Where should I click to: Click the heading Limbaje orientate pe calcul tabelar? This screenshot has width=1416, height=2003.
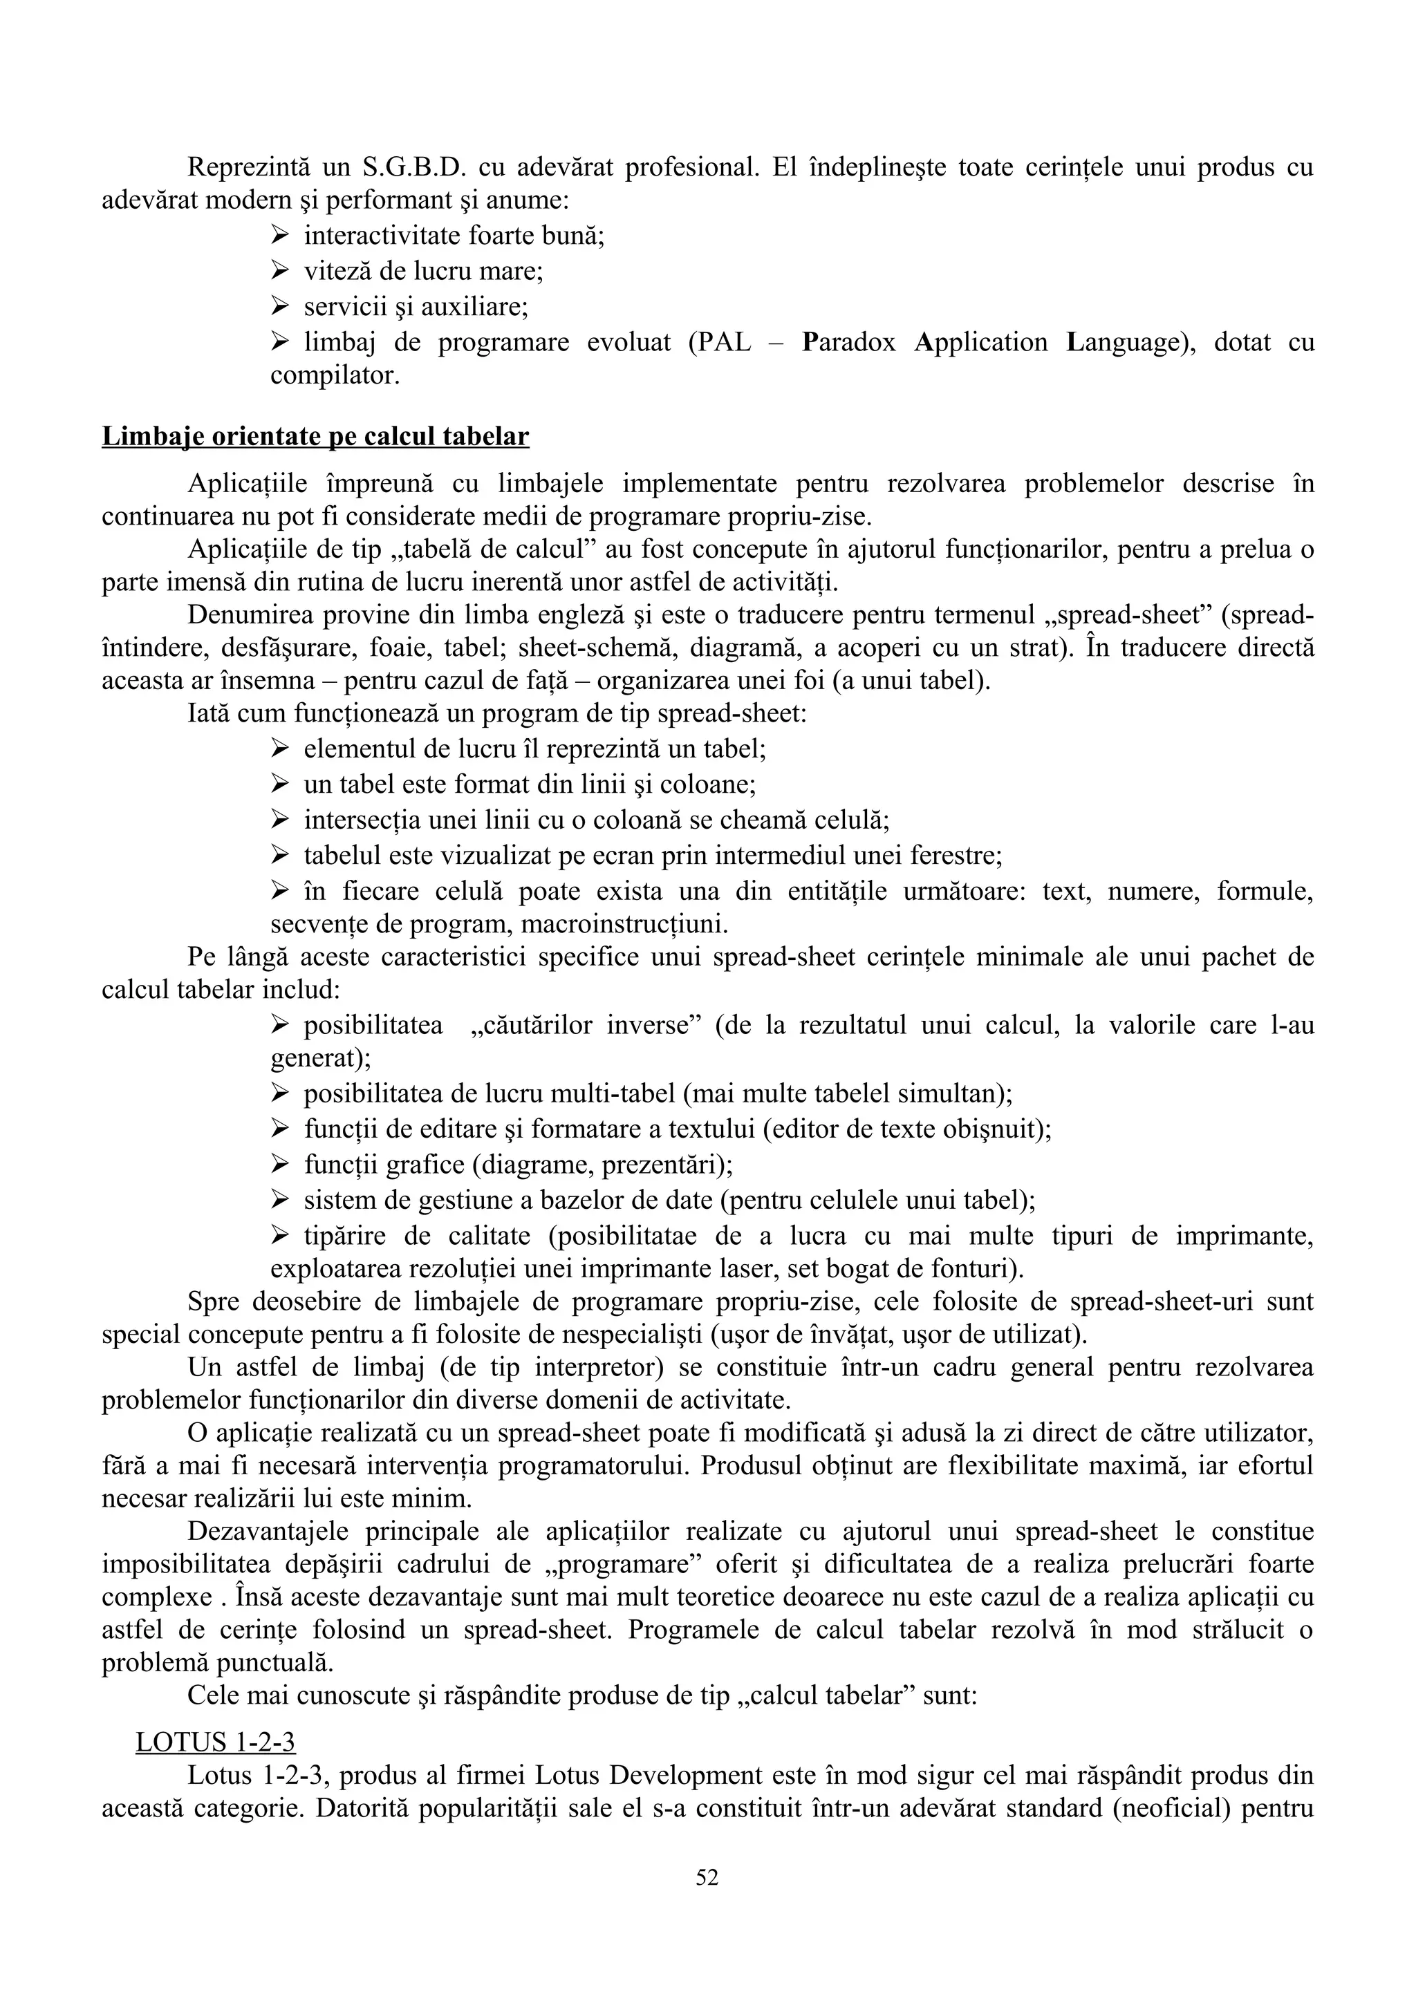click(315, 436)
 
